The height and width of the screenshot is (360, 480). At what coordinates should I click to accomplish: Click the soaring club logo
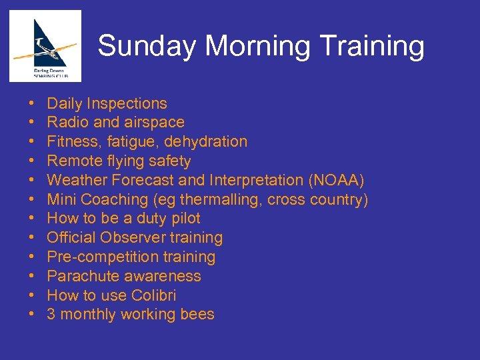(x=45, y=45)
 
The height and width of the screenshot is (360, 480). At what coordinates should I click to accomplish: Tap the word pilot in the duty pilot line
(x=184, y=219)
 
